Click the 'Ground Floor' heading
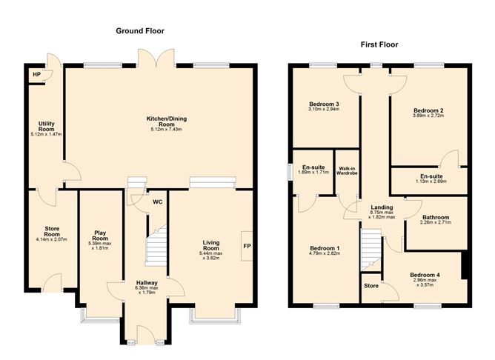(140, 31)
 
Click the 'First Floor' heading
(379, 44)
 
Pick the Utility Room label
(46, 124)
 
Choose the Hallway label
(146, 283)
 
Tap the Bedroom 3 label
(323, 104)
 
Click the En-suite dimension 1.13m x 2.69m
(431, 181)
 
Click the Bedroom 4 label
(425, 276)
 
